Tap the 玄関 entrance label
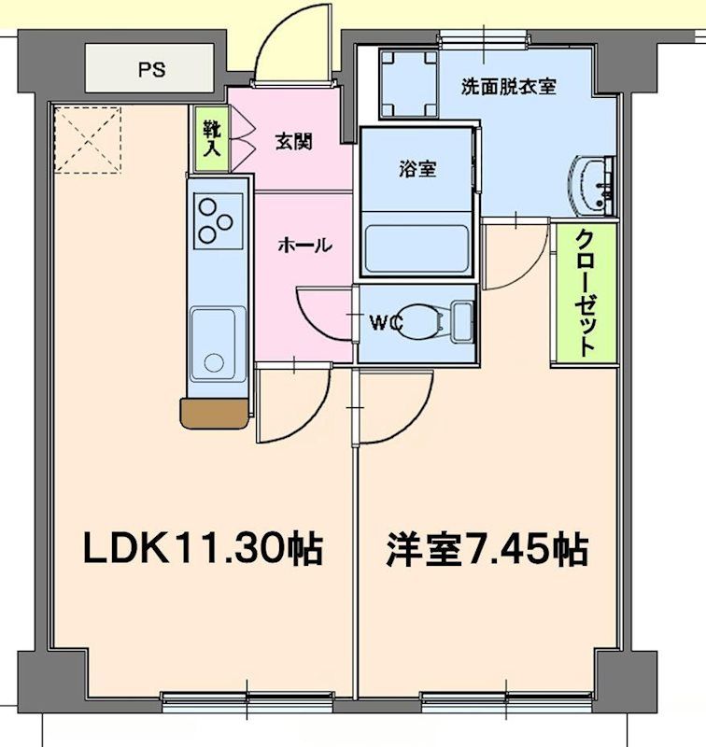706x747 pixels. [292, 142]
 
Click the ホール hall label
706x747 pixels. [304, 246]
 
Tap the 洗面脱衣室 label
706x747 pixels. [509, 87]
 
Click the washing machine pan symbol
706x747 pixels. [408, 83]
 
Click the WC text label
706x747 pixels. [384, 323]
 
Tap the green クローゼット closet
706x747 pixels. [585, 294]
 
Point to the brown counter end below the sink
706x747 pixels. [216, 414]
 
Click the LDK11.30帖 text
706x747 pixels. [203, 549]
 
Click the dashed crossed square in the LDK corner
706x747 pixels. [88, 140]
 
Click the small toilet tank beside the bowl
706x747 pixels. [461, 322]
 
